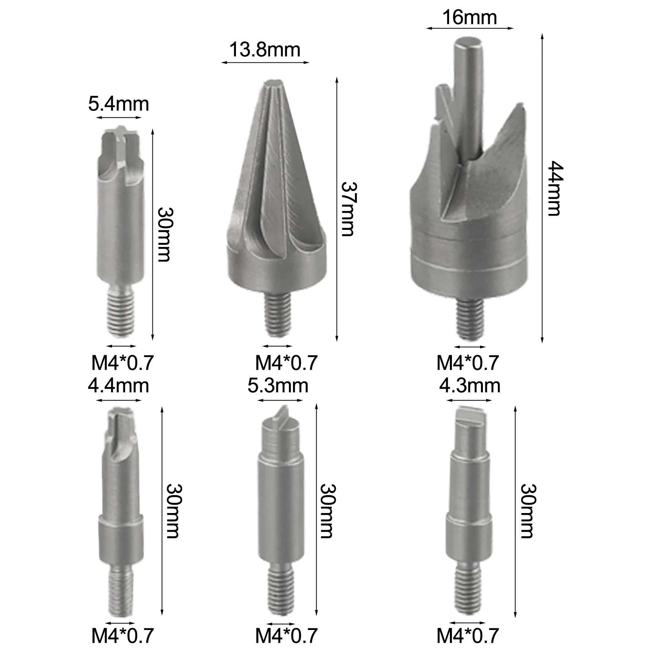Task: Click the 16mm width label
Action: [x=469, y=18]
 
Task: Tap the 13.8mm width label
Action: [x=265, y=50]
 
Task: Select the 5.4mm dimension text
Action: [x=119, y=104]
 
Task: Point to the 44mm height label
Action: [x=555, y=188]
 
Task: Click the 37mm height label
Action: [x=348, y=209]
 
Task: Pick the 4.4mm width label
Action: [x=119, y=385]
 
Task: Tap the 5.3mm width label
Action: [x=278, y=385]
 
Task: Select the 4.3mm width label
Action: [x=469, y=385]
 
